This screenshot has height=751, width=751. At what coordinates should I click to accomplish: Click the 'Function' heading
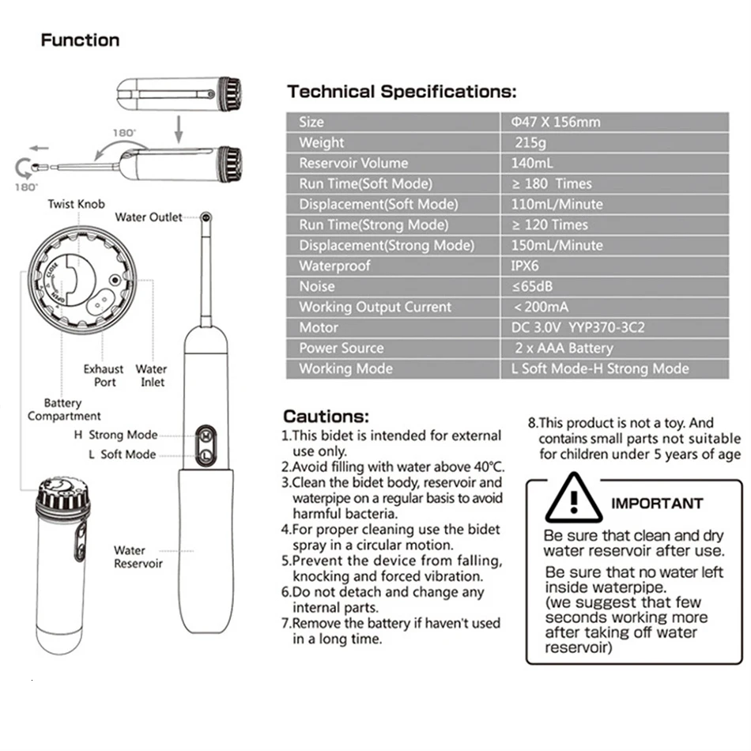tap(80, 40)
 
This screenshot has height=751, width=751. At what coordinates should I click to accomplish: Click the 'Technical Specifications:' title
tap(402, 92)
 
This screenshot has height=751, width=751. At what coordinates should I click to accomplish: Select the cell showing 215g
tap(530, 142)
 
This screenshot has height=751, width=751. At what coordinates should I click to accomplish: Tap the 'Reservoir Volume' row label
tap(353, 163)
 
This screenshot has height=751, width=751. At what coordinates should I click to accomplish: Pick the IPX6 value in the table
tap(524, 266)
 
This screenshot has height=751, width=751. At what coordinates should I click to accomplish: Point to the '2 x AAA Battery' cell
tap(564, 348)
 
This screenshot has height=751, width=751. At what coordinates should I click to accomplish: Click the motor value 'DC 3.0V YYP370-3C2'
tap(578, 327)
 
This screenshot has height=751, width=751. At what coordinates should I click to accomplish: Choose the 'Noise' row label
tap(316, 286)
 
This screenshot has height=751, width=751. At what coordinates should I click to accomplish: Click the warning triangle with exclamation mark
tap(574, 498)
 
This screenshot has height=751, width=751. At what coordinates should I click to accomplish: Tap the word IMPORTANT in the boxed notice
tap(657, 504)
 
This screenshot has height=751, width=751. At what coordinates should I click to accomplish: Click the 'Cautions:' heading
tap(326, 416)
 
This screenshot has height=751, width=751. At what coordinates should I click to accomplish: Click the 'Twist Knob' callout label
tap(76, 204)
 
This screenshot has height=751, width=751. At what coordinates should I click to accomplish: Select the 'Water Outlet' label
tap(149, 217)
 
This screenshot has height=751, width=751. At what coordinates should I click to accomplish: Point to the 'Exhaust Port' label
tap(104, 375)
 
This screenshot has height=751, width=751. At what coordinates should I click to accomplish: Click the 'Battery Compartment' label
tap(64, 409)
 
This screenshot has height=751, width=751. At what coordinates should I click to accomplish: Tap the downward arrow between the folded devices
tap(179, 129)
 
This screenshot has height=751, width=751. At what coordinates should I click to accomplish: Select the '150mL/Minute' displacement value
tap(557, 245)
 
